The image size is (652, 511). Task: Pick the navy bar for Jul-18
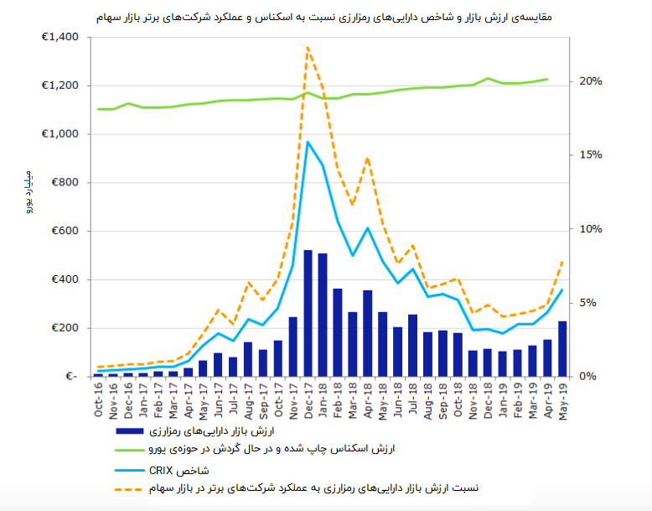pyautogui.click(x=412, y=345)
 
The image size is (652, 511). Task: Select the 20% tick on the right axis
pyautogui.click(x=591, y=81)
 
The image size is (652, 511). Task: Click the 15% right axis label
pyautogui.click(x=591, y=155)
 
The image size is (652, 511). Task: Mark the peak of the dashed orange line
pyautogui.click(x=308, y=48)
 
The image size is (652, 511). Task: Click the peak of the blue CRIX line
pyautogui.click(x=308, y=142)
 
